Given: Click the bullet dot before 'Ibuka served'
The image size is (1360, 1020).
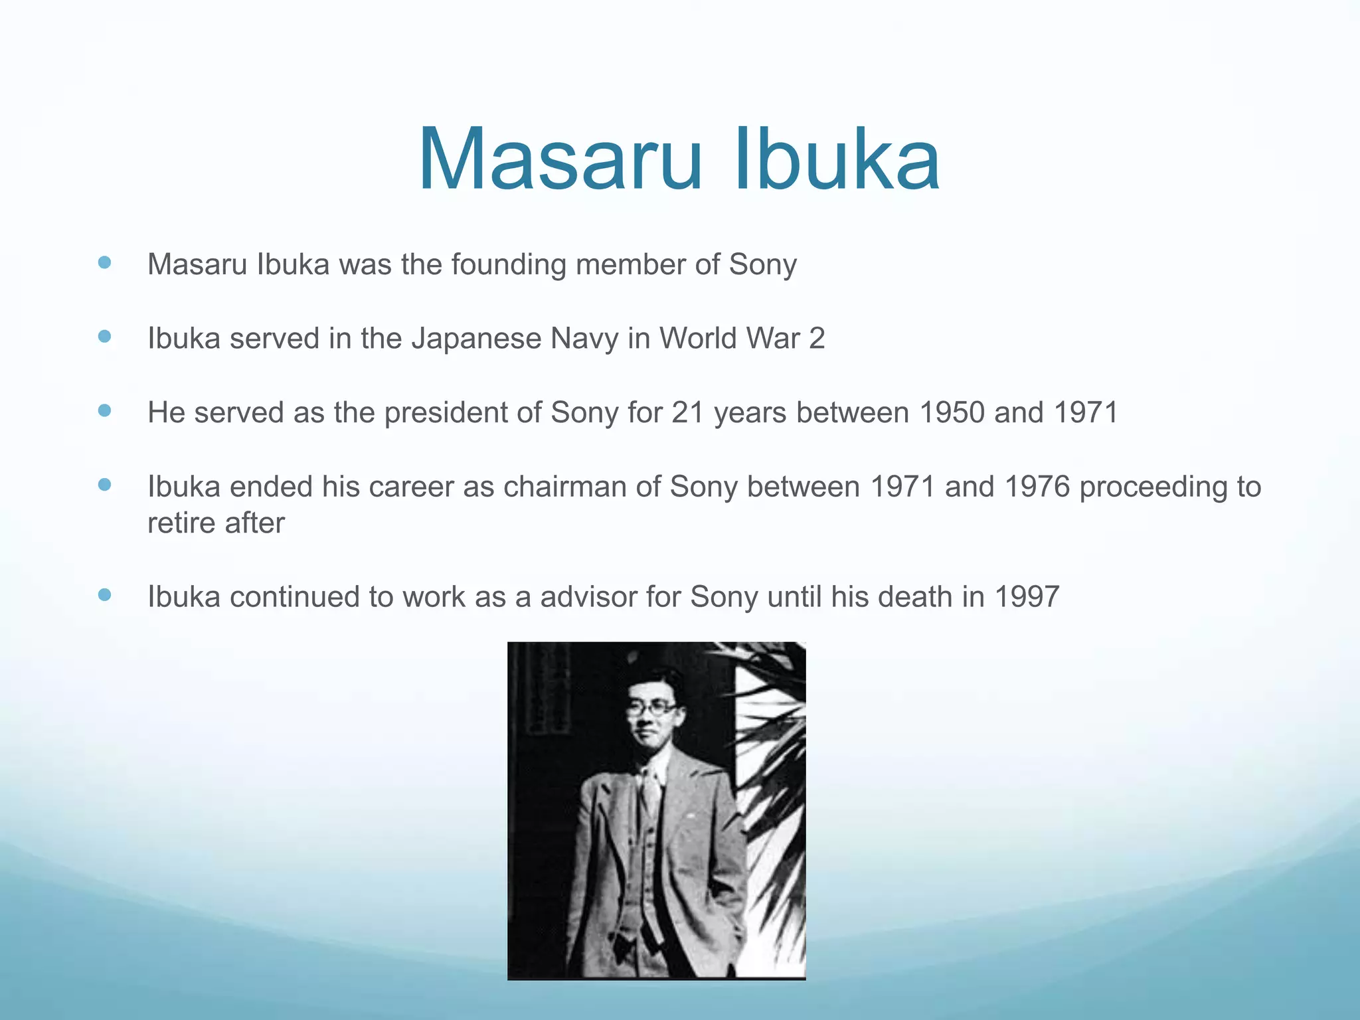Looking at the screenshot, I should [104, 336].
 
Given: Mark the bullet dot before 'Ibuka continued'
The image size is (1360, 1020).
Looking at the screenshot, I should [104, 594].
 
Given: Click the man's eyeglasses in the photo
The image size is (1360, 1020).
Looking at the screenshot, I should [651, 709].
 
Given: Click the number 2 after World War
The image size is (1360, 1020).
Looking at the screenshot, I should [817, 339].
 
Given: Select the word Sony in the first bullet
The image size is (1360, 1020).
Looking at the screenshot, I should [763, 264].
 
